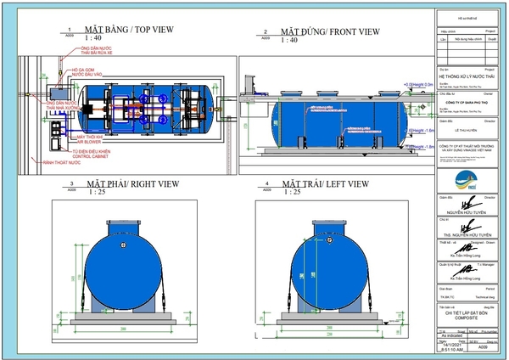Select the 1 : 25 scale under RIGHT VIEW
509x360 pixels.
pos(95,192)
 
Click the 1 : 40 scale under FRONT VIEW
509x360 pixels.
pos(288,40)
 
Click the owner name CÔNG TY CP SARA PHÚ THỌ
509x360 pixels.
pos(469,100)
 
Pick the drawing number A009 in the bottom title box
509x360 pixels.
pos(482,347)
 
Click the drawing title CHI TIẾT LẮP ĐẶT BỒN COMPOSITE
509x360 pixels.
pos(469,315)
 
